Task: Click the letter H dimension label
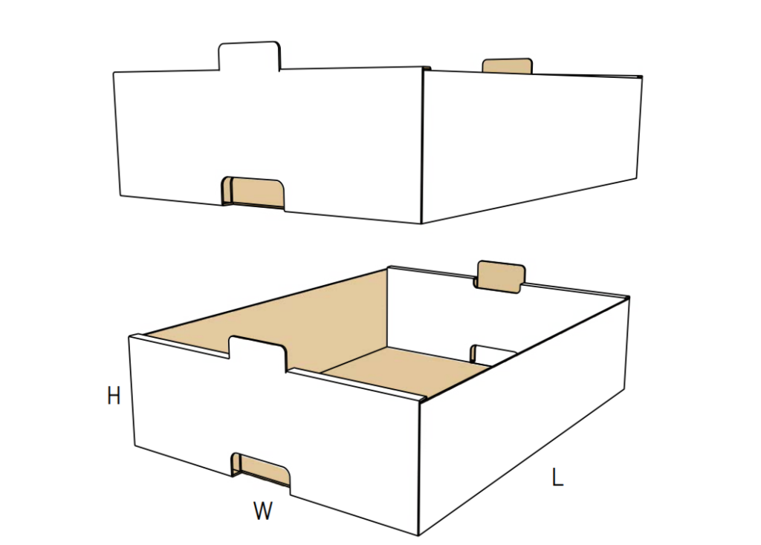click(x=114, y=396)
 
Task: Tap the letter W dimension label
click(x=263, y=511)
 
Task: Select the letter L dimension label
click(x=557, y=477)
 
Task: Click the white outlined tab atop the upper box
click(x=250, y=56)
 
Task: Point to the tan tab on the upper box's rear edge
click(x=507, y=66)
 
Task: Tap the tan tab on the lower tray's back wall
click(x=500, y=276)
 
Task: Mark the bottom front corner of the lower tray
click(x=418, y=535)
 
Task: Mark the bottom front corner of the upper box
click(x=421, y=223)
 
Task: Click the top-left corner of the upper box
click(x=114, y=73)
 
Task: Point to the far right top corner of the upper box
click(x=642, y=76)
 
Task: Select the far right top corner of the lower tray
click(x=629, y=297)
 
